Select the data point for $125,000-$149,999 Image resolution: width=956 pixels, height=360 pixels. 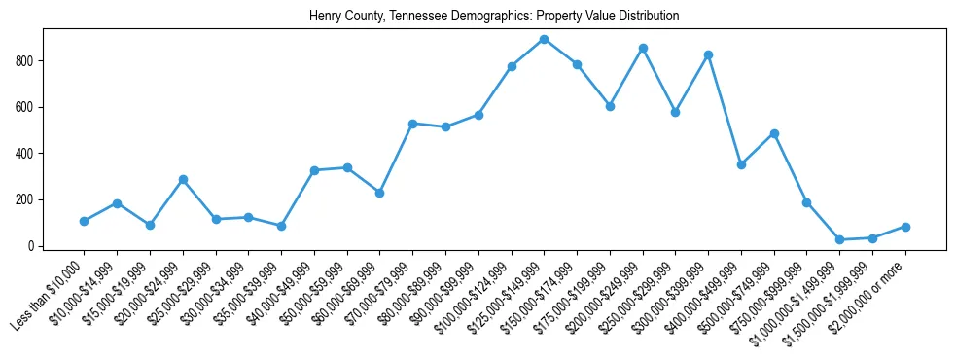click(x=544, y=40)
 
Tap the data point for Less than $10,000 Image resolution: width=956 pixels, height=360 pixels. click(x=85, y=221)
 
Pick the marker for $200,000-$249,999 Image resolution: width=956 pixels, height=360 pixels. click(x=643, y=48)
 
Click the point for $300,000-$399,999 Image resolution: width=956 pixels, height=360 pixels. click(x=708, y=54)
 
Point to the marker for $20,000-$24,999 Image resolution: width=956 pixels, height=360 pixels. click(x=183, y=179)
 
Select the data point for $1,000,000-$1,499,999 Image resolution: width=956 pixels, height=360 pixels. click(x=839, y=239)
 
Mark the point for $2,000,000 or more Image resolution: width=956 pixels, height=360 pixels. click(x=905, y=227)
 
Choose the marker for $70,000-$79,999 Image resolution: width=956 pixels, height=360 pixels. click(x=412, y=124)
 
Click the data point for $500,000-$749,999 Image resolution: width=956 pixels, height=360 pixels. click(x=774, y=133)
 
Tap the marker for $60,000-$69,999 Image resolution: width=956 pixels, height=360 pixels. click(x=379, y=193)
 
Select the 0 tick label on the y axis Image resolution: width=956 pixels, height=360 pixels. click(x=32, y=246)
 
